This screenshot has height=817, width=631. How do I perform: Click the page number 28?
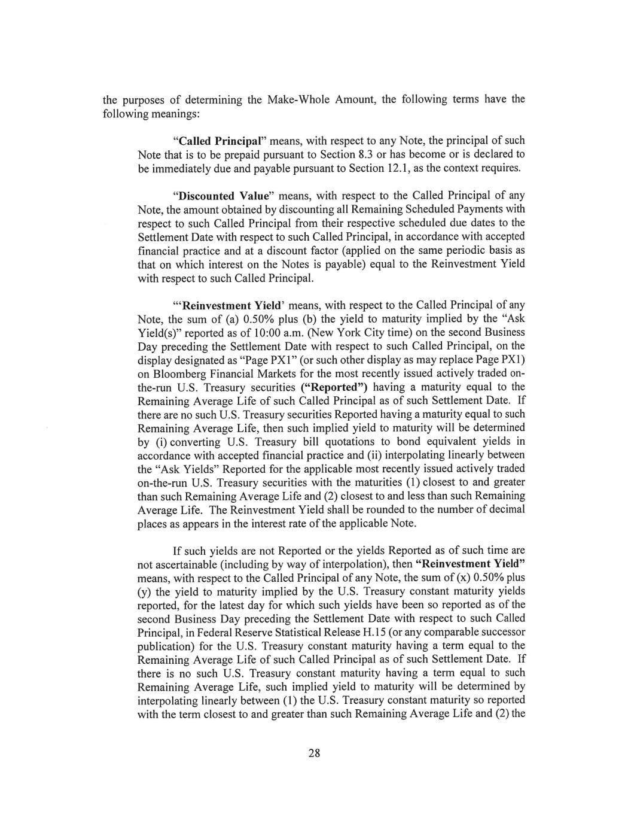[315, 753]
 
